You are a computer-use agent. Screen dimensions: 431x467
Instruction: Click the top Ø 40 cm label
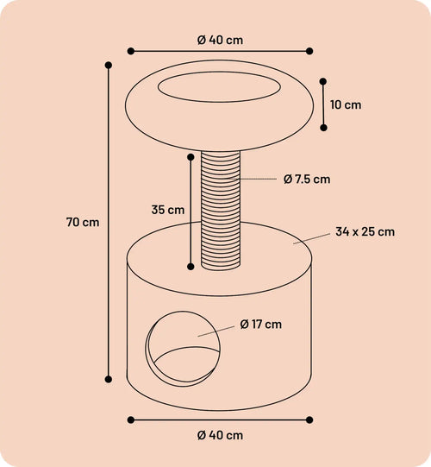coord(220,40)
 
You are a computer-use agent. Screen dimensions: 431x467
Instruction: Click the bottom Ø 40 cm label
coord(220,435)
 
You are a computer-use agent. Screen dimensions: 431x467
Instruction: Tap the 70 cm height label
coord(83,222)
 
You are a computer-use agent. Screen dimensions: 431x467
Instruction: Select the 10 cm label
coord(346,104)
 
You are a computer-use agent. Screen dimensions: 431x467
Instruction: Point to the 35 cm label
coord(168,210)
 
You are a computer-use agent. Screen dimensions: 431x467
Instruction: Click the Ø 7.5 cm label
coord(307,180)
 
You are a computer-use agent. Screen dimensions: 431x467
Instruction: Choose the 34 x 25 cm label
coord(365,231)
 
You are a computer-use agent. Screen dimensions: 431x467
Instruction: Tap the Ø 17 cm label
coord(260,324)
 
